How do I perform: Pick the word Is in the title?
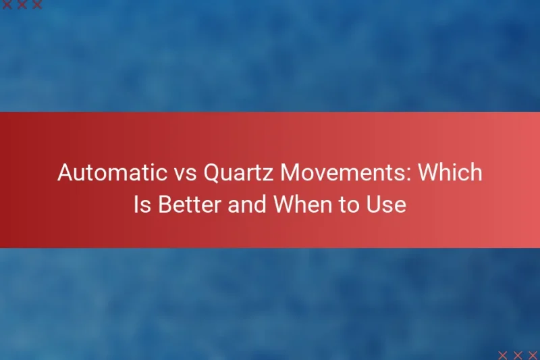[x=142, y=203]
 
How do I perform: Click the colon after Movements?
[x=411, y=176]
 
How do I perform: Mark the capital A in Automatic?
[x=65, y=173]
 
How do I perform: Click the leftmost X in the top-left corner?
[x=6, y=5]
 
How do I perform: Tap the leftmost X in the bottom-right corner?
[x=503, y=355]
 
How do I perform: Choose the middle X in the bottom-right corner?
[x=518, y=355]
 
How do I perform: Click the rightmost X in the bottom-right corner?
[x=533, y=355]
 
